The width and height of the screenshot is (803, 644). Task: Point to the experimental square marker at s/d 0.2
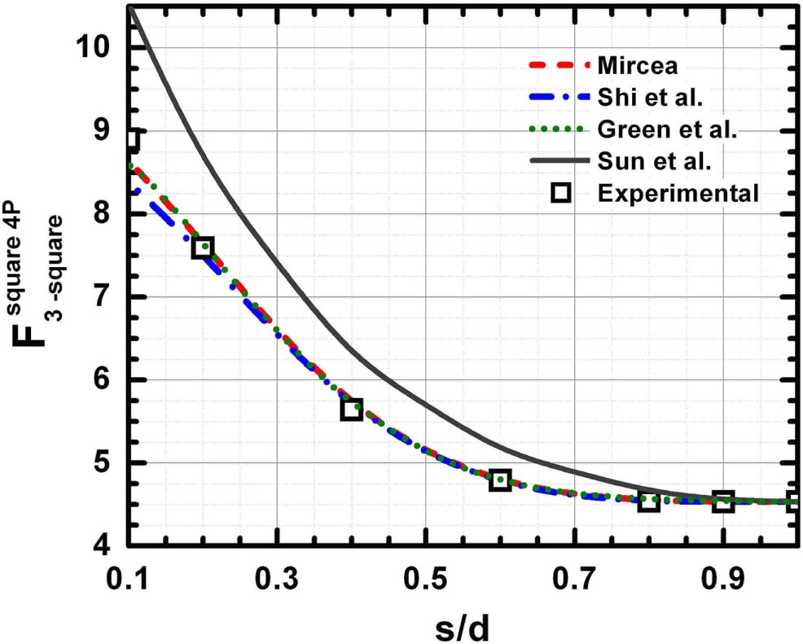click(x=204, y=248)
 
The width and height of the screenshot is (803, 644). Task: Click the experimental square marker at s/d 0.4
click(x=352, y=410)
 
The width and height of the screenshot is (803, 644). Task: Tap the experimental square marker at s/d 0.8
click(x=648, y=502)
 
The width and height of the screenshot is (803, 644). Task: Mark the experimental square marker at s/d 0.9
click(x=722, y=502)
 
